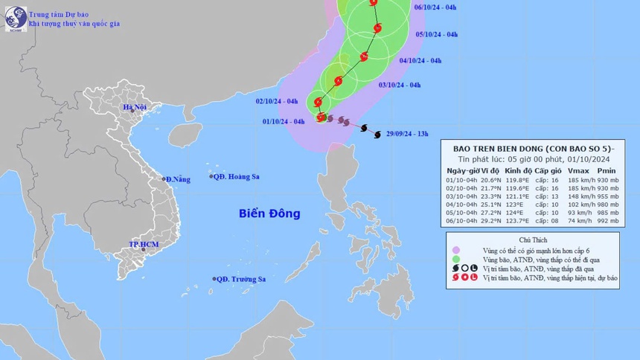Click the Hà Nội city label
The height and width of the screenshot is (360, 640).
[x=135, y=107]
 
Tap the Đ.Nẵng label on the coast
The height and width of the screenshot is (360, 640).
[x=178, y=179]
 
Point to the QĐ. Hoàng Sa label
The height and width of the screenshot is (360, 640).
[x=237, y=177]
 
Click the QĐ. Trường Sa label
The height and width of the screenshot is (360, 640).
[x=239, y=279]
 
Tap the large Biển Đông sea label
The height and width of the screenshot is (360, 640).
[x=269, y=213]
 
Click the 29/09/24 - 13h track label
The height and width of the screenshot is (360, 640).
[x=408, y=134]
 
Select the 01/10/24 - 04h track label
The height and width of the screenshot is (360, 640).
[x=284, y=121]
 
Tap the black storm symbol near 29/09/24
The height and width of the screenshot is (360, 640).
[x=365, y=129]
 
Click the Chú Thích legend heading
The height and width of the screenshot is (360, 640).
[x=531, y=239]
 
